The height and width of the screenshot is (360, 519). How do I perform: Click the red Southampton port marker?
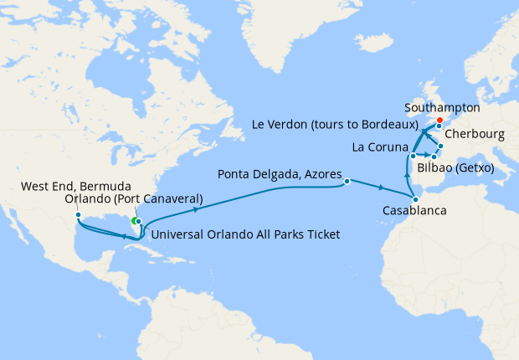(439, 120)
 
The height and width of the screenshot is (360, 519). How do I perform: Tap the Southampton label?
(442, 108)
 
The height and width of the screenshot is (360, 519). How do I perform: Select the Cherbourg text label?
(475, 133)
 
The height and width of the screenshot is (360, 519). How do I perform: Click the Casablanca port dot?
(416, 198)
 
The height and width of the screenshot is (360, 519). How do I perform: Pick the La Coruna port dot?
(413, 156)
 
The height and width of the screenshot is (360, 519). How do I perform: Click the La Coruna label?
(380, 148)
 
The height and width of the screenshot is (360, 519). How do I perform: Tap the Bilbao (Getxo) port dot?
(434, 157)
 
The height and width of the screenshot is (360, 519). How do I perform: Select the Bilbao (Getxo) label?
(454, 169)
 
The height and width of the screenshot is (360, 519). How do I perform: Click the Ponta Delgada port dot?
(346, 178)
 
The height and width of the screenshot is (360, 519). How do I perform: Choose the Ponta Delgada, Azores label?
(280, 176)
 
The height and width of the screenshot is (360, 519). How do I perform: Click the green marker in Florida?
(134, 221)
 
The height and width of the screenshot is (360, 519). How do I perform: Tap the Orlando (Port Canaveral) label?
(134, 199)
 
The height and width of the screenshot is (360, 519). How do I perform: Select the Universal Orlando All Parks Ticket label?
(247, 234)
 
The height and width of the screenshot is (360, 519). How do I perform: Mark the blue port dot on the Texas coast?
(78, 215)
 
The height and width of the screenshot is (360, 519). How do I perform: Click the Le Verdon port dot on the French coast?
(440, 147)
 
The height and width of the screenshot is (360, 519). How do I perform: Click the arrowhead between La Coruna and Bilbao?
(425, 156)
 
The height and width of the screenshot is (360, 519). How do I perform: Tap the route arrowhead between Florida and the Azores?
(206, 205)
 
